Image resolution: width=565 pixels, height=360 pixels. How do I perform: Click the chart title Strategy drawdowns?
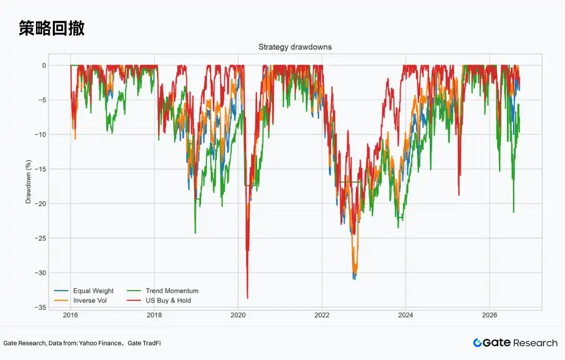[295, 47]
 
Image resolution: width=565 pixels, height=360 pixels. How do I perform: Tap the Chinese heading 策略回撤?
[52, 28]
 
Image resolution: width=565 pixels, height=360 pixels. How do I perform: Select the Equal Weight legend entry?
[83, 291]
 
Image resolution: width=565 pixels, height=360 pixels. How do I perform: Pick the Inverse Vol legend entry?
[80, 300]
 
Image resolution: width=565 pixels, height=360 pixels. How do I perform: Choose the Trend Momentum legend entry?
[163, 291]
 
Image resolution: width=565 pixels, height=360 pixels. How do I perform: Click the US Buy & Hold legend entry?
[159, 300]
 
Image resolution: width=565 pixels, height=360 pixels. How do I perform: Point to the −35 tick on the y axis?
[40, 307]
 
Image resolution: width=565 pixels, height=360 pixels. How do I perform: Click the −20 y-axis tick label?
[40, 204]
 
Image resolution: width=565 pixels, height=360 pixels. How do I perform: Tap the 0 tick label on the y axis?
[44, 65]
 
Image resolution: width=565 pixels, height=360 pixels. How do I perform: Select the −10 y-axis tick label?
[40, 135]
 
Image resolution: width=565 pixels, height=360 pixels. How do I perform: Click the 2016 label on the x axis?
[70, 315]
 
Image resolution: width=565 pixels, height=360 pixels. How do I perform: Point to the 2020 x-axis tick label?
[238, 315]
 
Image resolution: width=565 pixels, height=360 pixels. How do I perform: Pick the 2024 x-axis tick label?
[406, 315]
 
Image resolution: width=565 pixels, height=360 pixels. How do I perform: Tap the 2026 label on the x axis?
[489, 315]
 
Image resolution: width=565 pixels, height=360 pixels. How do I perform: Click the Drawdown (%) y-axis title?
[29, 182]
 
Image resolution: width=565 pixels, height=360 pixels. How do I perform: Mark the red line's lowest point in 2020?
[248, 298]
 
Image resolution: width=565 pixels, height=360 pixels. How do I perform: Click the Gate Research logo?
[515, 343]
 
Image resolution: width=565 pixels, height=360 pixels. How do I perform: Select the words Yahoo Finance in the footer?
[100, 343]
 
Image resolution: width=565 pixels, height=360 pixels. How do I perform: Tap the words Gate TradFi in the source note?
[144, 343]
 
